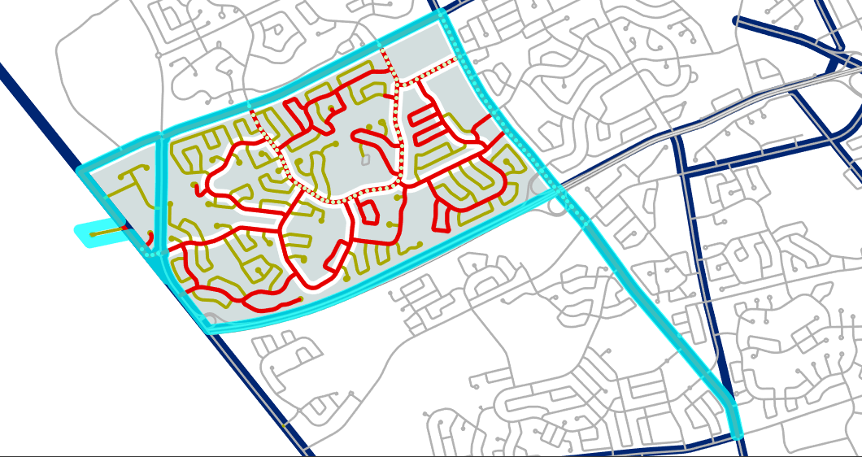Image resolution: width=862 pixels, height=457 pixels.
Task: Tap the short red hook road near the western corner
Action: pyautogui.click(x=150, y=237)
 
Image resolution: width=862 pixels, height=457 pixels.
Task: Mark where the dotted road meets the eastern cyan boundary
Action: pyautogui.click(x=455, y=61)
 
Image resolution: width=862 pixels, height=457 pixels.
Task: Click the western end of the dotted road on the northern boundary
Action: pyautogui.click(x=252, y=111)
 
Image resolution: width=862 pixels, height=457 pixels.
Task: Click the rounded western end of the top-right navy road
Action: pyautogui.click(x=737, y=21)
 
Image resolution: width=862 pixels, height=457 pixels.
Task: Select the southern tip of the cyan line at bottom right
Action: pyautogui.click(x=738, y=435)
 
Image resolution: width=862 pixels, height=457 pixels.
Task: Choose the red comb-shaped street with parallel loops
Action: pyautogui.click(x=426, y=123)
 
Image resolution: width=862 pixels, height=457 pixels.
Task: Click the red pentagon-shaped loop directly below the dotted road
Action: pyautogui.click(x=367, y=211)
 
